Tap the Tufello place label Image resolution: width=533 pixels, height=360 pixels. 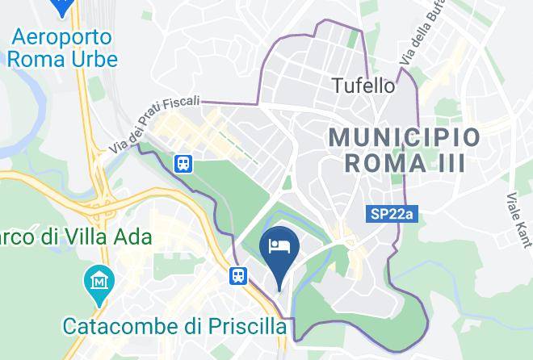pos(364,85)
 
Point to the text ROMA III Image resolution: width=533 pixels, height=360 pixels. pos(405,163)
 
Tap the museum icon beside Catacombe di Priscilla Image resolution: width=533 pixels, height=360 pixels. pos(99,283)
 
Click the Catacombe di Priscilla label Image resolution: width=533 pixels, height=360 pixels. pos(175,326)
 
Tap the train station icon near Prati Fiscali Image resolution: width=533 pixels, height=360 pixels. pos(185,164)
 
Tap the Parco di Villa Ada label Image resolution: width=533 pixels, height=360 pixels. pos(76,238)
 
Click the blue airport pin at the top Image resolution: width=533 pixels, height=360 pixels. pos(62,6)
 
